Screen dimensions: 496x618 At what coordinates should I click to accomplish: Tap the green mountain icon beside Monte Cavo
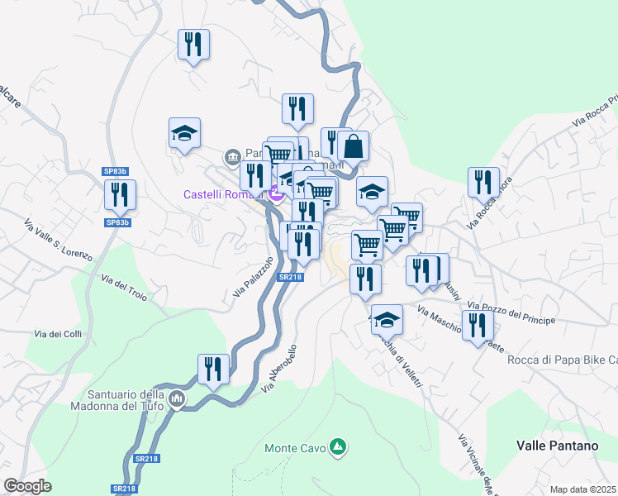click(x=337, y=447)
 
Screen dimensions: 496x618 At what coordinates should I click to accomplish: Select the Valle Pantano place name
click(x=557, y=445)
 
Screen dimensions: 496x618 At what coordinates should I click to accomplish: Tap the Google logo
click(x=27, y=486)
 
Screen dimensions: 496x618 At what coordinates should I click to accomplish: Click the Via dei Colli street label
click(x=58, y=334)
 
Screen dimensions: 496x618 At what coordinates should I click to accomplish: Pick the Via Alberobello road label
click(x=278, y=367)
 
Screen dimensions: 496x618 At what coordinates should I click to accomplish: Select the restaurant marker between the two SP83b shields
click(x=121, y=195)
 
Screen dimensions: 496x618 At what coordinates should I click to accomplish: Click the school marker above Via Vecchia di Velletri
click(x=387, y=318)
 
